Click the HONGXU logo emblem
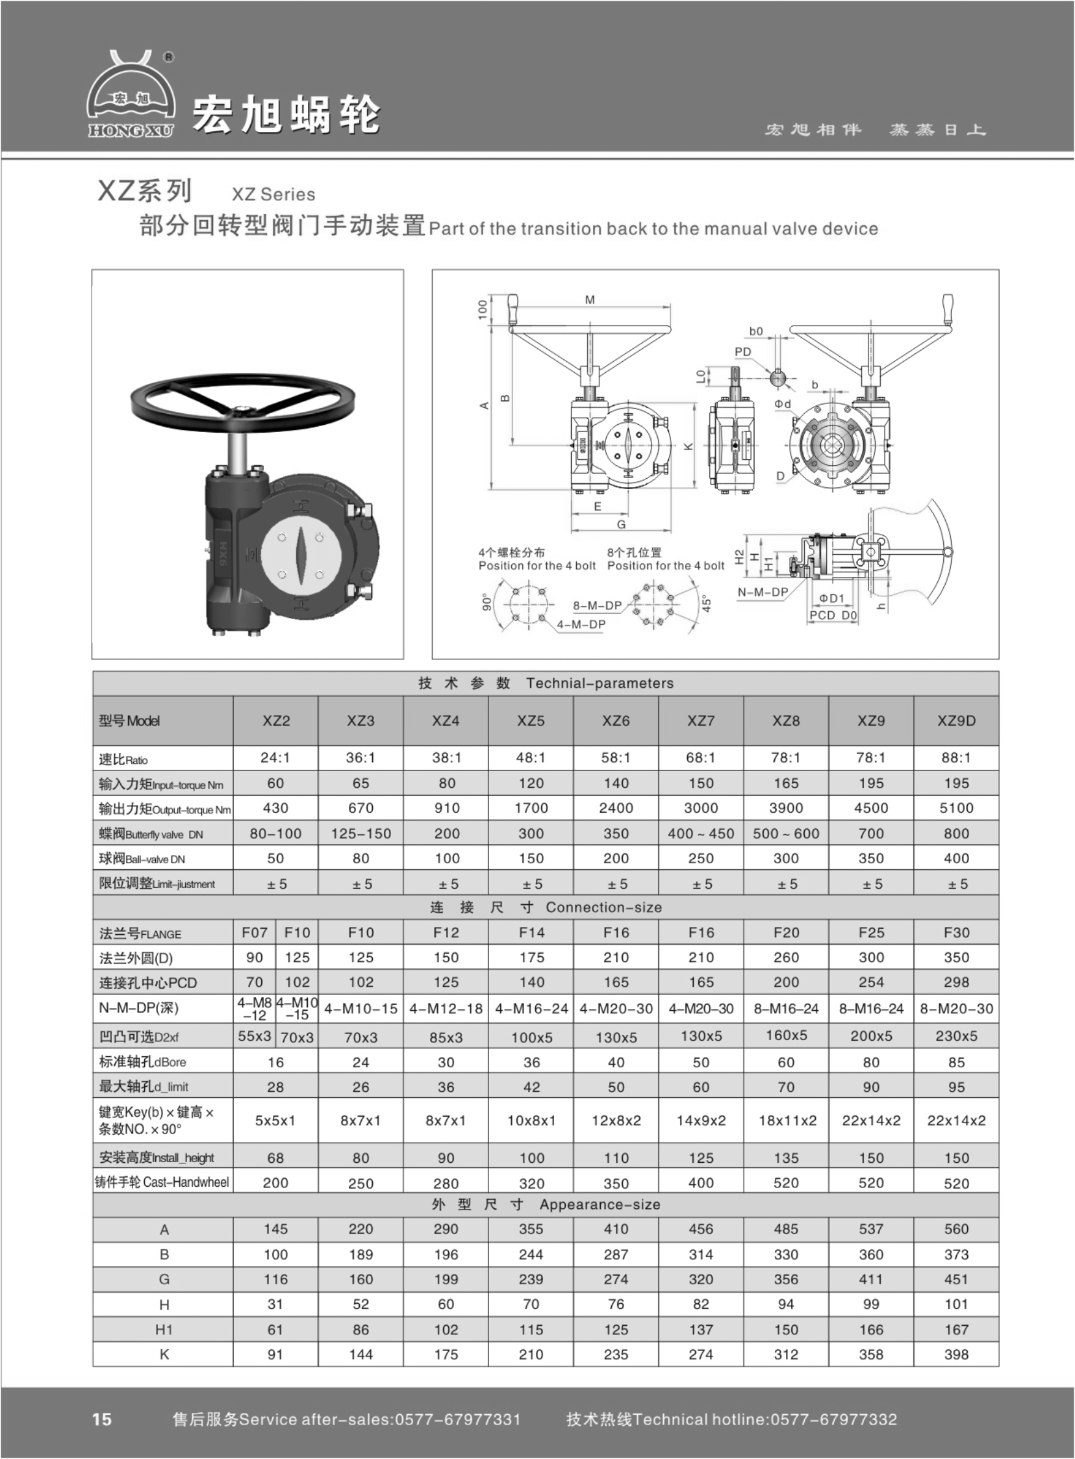pos(131,95)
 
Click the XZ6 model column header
pos(616,720)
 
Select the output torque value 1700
pos(531,807)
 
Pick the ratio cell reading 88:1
pos(956,757)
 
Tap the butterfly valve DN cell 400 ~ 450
pos(701,833)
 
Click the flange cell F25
pos(870,933)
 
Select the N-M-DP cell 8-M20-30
pos(956,1009)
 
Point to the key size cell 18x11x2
pos(787,1121)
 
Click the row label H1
pos(164,1330)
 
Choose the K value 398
pos(956,1354)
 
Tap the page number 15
pos(102,1419)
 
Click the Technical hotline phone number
pos(833,1419)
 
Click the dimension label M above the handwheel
pos(590,300)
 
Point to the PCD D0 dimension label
pos(833,615)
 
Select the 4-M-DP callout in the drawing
pos(581,624)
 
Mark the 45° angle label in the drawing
pos(707,603)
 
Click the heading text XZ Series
pos(273,194)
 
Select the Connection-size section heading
pos(603,907)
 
